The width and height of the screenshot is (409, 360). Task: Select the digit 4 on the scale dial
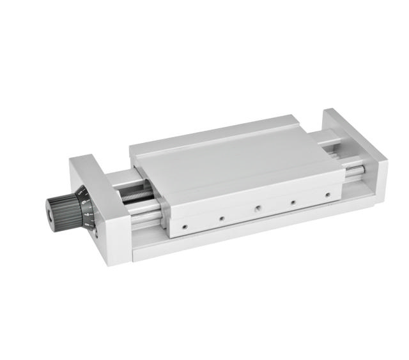87,224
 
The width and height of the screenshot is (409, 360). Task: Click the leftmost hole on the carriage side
184,225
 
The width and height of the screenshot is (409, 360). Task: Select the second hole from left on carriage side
220,218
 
